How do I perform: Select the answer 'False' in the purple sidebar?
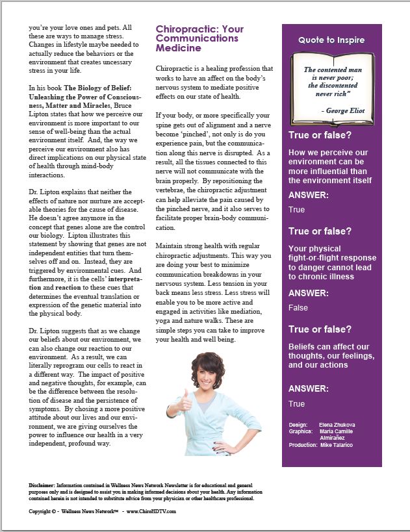point(298,308)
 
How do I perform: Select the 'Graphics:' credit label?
point(300,431)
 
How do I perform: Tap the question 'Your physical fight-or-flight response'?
point(332,262)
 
